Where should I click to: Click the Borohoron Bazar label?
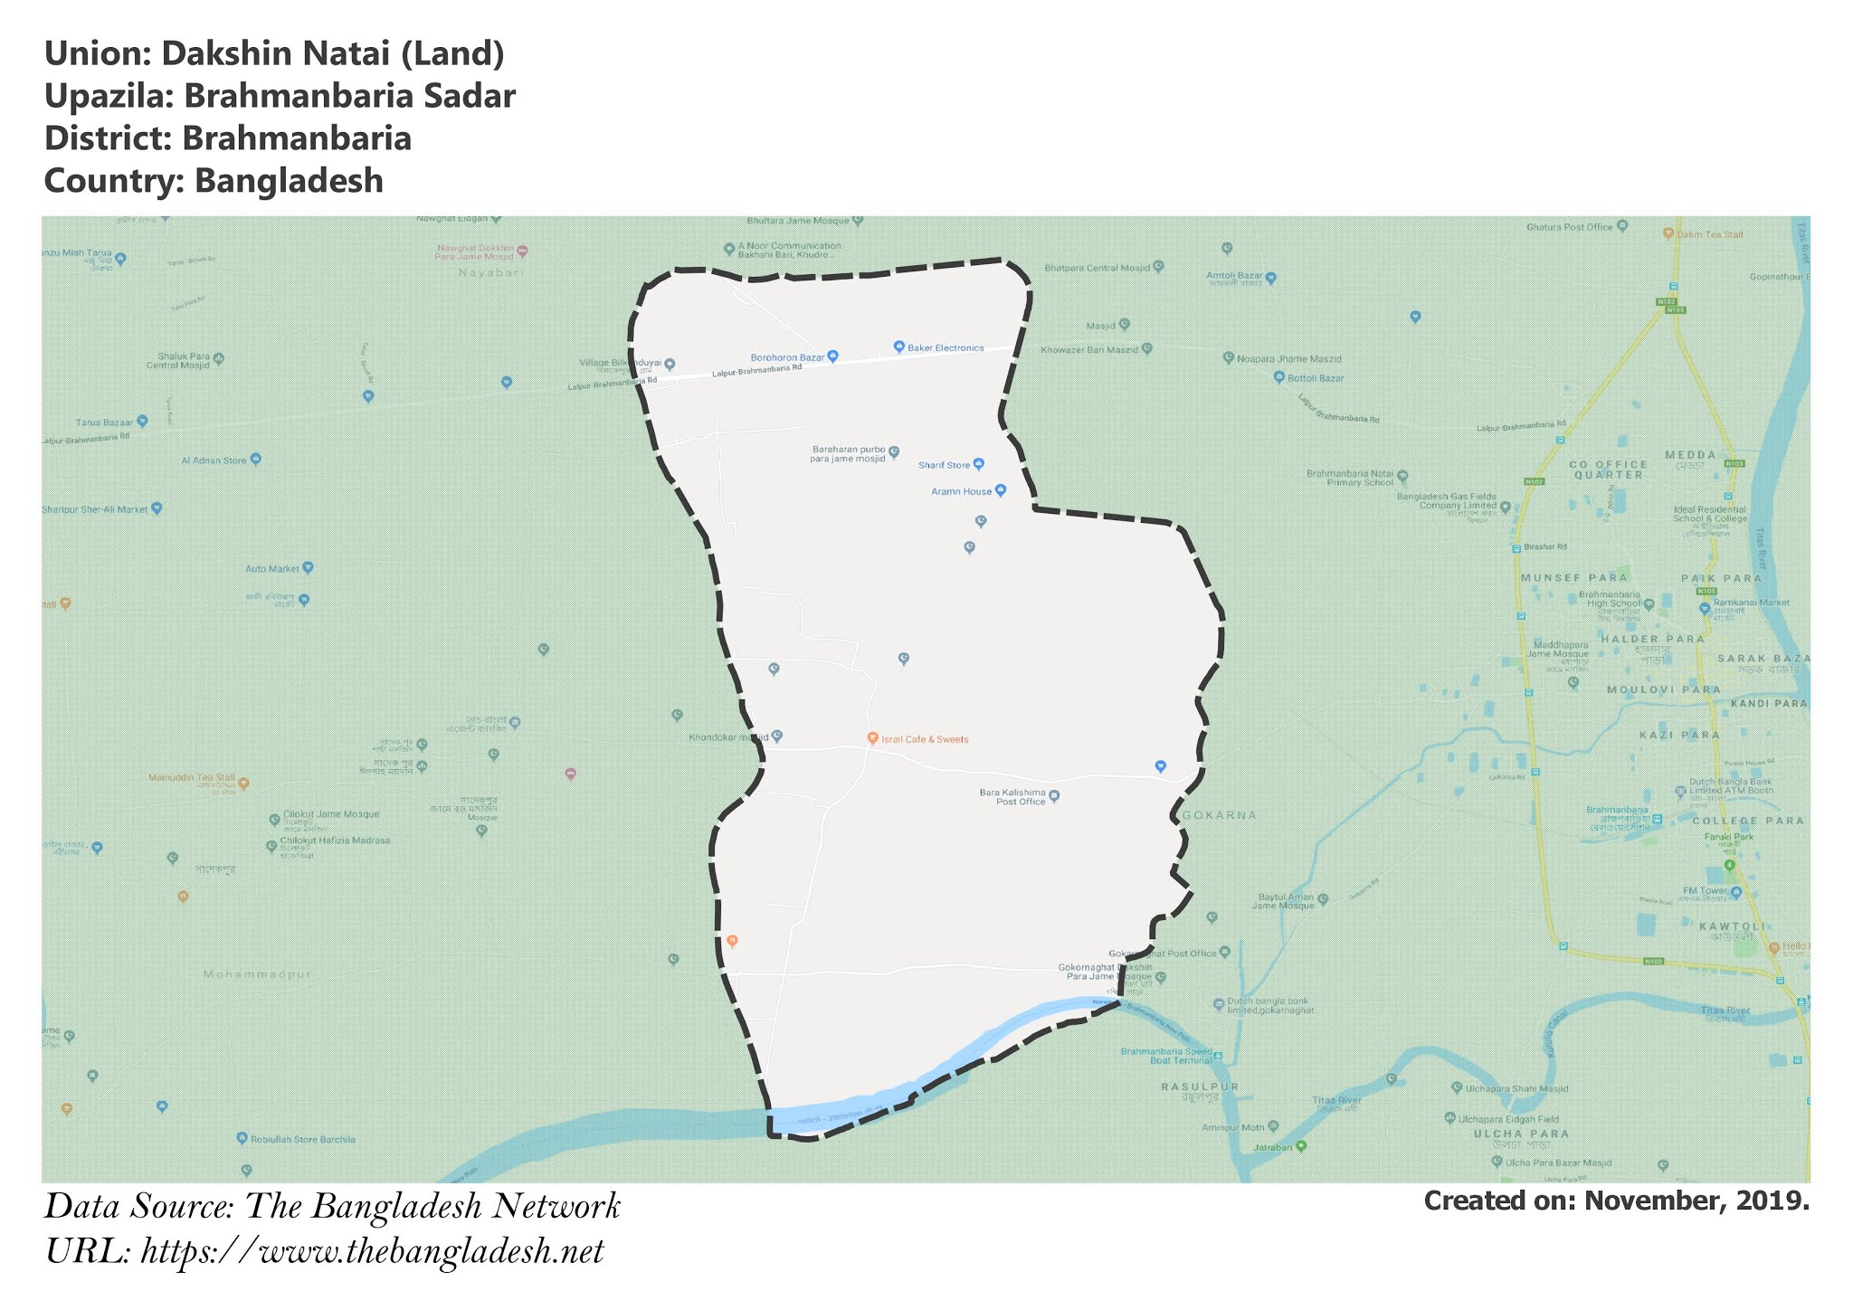pyautogui.click(x=787, y=357)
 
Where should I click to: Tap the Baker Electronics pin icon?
pyautogui.click(x=899, y=346)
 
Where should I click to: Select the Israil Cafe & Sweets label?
pyautogui.click(x=925, y=739)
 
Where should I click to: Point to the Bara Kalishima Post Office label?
pyautogui.click(x=1012, y=797)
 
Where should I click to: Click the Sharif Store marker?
pyautogui.click(x=978, y=464)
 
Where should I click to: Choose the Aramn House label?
pyautogui.click(x=961, y=491)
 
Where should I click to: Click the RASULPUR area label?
pyautogui.click(x=1201, y=1087)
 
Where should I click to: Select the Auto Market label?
pyautogui.click(x=271, y=569)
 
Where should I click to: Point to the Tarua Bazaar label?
pyautogui.click(x=104, y=422)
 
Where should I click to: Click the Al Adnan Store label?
pyautogui.click(x=214, y=460)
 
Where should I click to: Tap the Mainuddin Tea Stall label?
pyautogui.click(x=191, y=777)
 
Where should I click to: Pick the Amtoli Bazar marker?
pyautogui.click(x=1270, y=278)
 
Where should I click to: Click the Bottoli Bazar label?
pyautogui.click(x=1316, y=378)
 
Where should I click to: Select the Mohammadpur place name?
pyautogui.click(x=257, y=974)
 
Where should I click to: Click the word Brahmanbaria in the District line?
pyautogui.click(x=297, y=138)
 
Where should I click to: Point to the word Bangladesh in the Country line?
pyautogui.click(x=290, y=181)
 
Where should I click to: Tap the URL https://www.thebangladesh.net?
pyautogui.click(x=372, y=1251)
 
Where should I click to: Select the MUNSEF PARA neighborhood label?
pyautogui.click(x=1573, y=577)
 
